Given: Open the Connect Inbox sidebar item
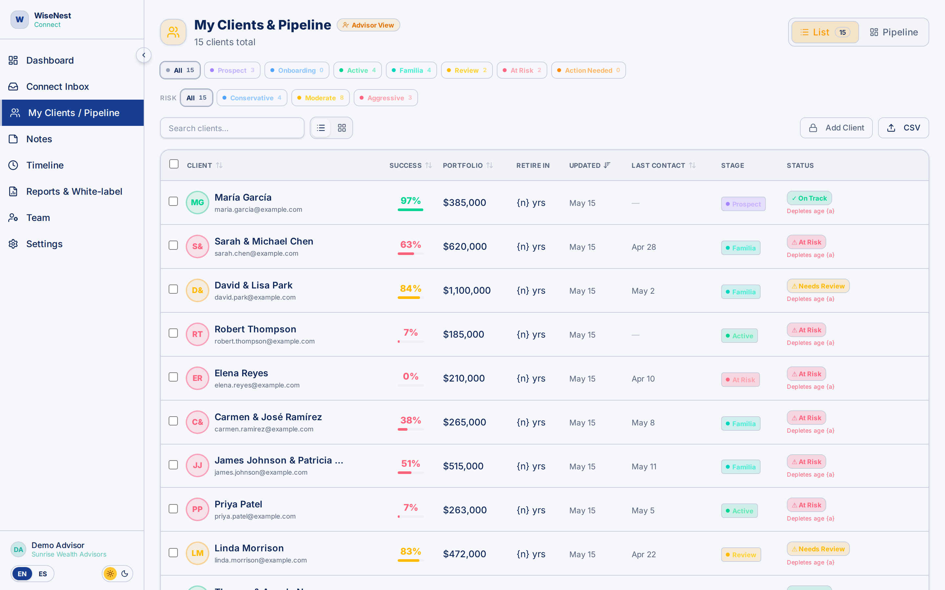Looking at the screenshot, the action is (x=57, y=87).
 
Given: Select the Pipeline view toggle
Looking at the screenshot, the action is (x=894, y=32).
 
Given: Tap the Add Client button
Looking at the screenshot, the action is (x=836, y=128).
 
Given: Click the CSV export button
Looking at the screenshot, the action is (x=903, y=128).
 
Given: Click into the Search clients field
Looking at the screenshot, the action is (x=232, y=128).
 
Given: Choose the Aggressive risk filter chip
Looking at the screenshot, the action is (x=386, y=98).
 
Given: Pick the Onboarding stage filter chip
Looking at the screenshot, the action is (x=297, y=70).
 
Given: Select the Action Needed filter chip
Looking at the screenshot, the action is (x=588, y=70).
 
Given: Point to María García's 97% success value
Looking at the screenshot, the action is (x=410, y=201).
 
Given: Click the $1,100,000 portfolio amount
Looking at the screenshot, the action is (x=467, y=291).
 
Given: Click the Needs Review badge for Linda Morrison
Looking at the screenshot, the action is (x=818, y=549).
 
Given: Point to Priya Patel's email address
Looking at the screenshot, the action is (x=255, y=517).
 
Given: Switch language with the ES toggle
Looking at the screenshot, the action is (x=43, y=574).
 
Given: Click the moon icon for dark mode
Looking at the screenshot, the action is (x=125, y=574).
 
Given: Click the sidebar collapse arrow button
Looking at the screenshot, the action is (x=144, y=55).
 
